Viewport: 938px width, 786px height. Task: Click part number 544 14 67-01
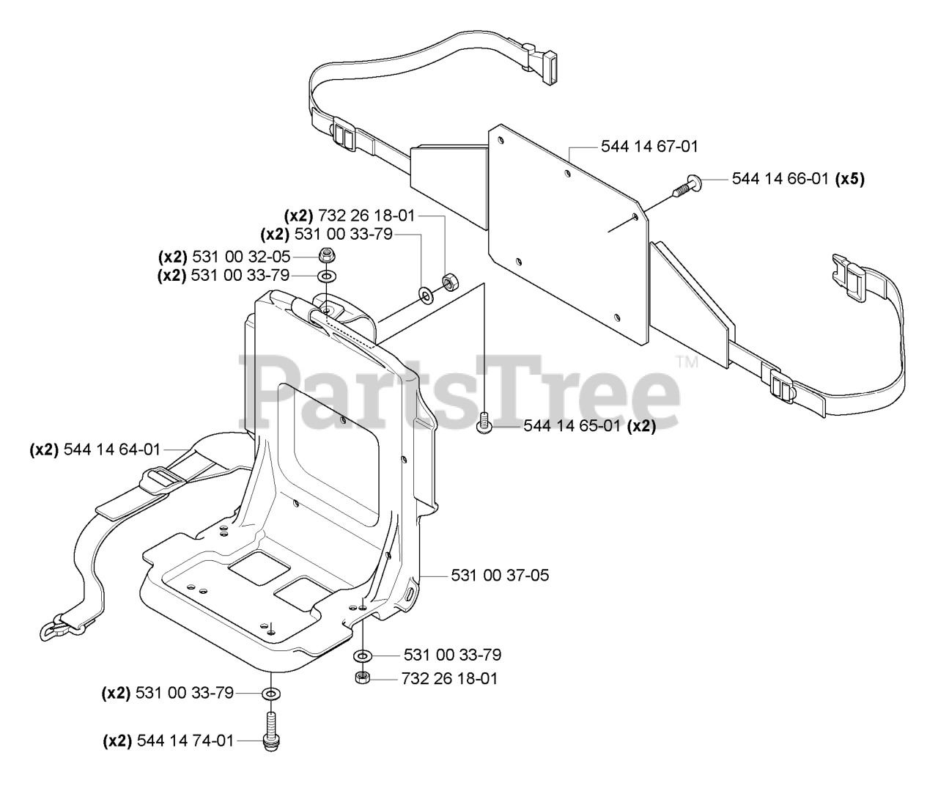coord(649,147)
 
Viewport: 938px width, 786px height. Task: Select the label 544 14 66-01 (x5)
coord(798,178)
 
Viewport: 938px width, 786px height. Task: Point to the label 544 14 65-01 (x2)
coord(589,426)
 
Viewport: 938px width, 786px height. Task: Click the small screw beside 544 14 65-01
coord(483,424)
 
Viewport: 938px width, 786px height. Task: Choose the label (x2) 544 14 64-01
coord(95,449)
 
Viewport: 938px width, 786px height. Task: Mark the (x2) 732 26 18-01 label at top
coord(350,216)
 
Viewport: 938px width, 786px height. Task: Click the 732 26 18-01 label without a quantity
coord(449,678)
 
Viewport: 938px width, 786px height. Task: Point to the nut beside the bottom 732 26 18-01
coord(362,678)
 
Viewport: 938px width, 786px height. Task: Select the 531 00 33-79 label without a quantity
coord(452,655)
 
